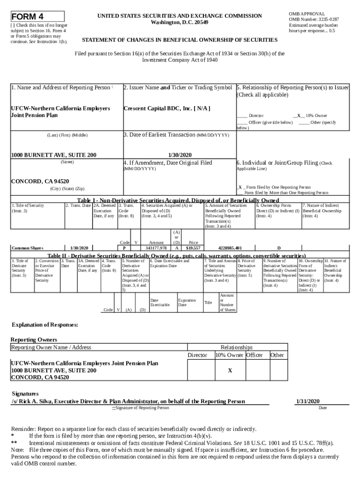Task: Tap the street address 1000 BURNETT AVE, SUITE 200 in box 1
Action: click(53, 155)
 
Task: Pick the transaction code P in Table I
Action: click(124, 248)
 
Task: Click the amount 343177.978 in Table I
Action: click(156, 248)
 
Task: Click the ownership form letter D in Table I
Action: click(279, 248)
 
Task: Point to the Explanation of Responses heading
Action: click(44, 325)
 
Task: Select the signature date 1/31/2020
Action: click(307, 401)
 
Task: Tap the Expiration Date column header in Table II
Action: click(187, 302)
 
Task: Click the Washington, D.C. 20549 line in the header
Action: click(180, 22)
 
